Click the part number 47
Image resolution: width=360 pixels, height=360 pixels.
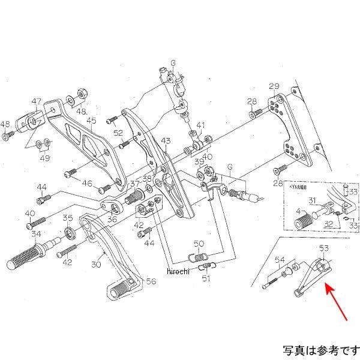[37, 101]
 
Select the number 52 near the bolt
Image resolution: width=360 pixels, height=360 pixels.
[118, 133]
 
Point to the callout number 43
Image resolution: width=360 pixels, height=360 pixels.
[166, 140]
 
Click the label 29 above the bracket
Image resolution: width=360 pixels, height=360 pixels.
[274, 85]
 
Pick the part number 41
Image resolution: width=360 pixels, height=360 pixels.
[200, 126]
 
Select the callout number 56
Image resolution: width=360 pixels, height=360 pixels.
[151, 281]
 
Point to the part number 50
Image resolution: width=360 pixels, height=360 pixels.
[199, 243]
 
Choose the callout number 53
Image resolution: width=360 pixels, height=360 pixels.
[324, 248]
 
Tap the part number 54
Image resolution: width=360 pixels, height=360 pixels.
[280, 259]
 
